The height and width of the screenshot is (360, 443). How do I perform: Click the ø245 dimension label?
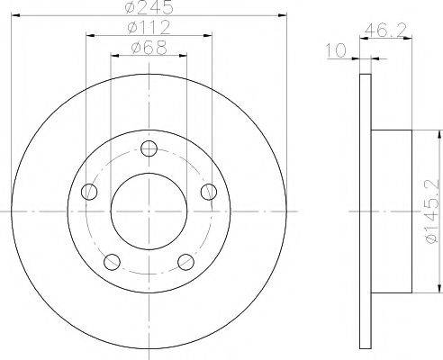point(149,8)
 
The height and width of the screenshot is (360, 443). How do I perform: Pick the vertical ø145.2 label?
point(431,212)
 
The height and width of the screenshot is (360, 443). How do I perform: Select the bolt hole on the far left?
point(89,192)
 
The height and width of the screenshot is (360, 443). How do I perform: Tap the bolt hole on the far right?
point(209,191)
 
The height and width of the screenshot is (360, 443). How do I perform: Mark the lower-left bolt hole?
point(113,262)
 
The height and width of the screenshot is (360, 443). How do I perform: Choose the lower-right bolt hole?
point(186,262)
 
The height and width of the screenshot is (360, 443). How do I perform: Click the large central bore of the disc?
point(149,211)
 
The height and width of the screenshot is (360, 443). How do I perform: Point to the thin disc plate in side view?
point(365,211)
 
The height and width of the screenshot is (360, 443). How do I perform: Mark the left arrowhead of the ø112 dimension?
point(89,35)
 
